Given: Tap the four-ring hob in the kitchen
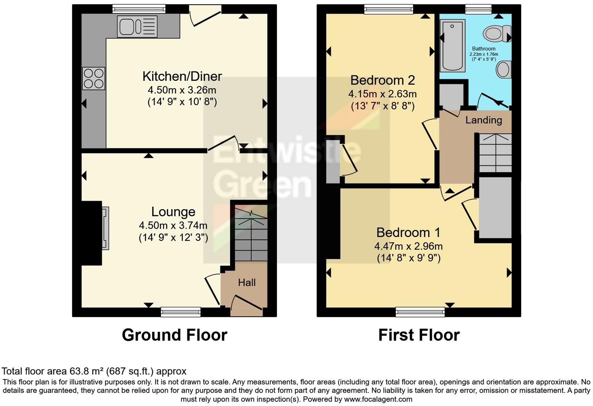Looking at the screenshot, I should tap(94, 78).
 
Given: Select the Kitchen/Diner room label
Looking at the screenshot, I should tap(182, 76).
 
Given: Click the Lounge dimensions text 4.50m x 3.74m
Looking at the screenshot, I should tap(173, 225).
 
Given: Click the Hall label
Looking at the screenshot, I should tap(247, 282).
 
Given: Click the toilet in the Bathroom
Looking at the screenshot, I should tap(497, 33).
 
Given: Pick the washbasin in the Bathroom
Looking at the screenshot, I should tap(503, 70).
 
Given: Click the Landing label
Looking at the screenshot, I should tap(483, 120).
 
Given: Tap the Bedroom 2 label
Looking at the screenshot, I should tap(382, 80).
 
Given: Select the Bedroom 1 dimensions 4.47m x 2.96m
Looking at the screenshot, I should tap(408, 246).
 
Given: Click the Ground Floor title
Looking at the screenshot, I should tap(174, 335).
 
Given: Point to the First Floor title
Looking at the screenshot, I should tap(419, 335).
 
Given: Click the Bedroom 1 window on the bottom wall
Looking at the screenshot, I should tap(420, 312).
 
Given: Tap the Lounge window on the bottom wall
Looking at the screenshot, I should tap(181, 312).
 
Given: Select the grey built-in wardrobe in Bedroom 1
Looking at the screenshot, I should tap(495, 207).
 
